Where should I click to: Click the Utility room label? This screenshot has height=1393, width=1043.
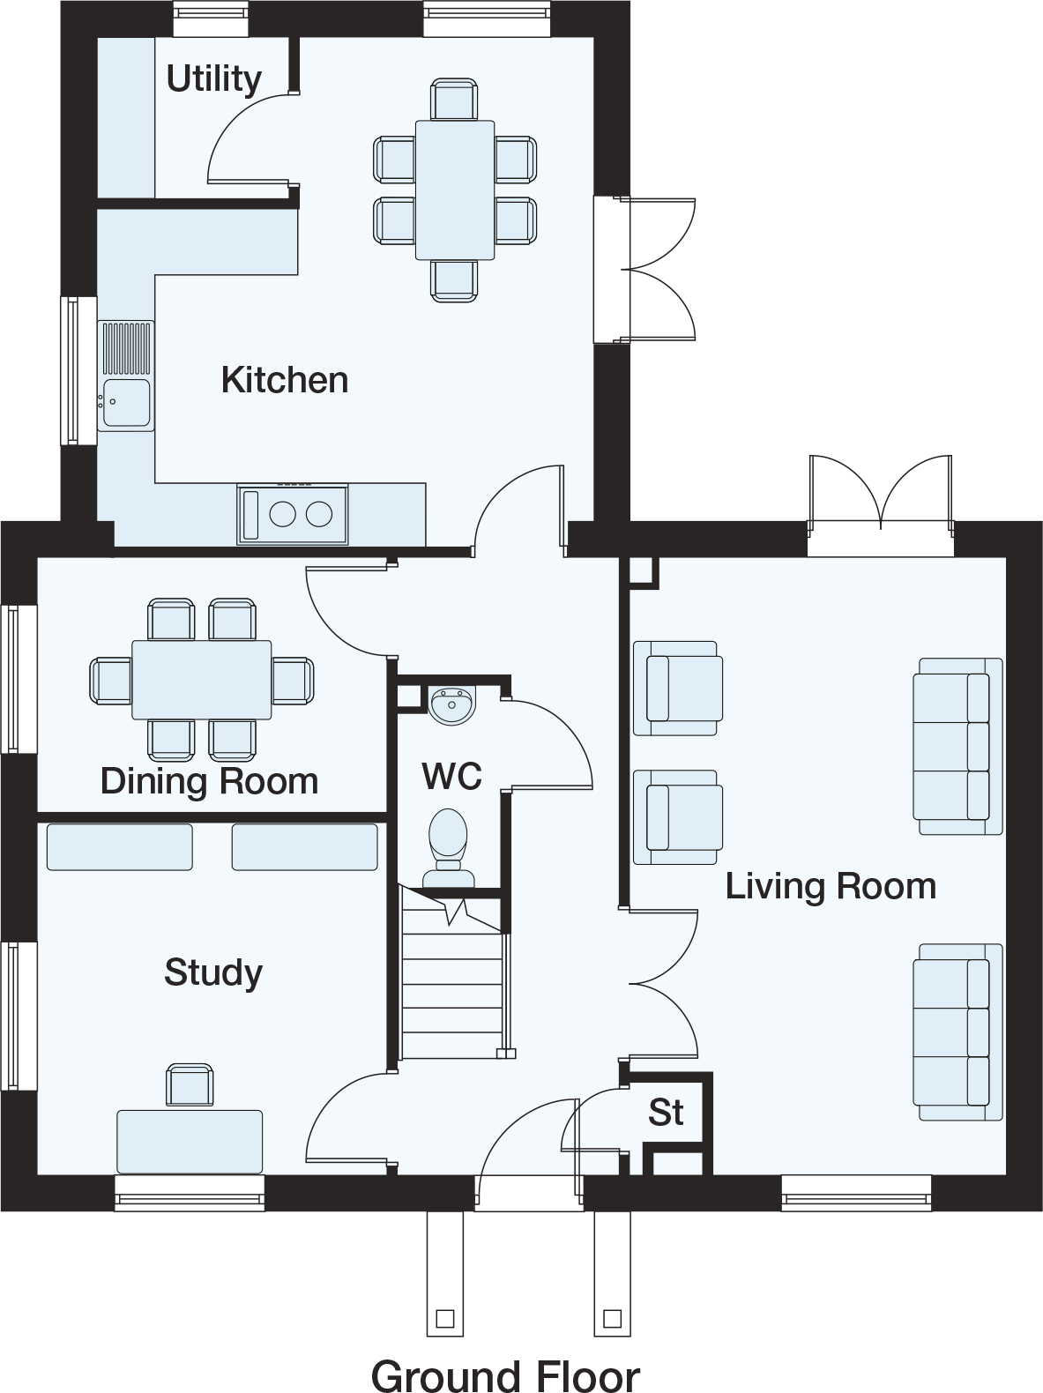click(214, 80)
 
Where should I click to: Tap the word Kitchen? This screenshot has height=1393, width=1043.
click(285, 381)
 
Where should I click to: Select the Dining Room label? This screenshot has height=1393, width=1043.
click(209, 780)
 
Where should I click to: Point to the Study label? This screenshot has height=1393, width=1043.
click(213, 972)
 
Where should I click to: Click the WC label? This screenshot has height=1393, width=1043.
click(451, 776)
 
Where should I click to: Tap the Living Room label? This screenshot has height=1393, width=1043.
click(831, 887)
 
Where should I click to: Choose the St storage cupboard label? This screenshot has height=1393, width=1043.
click(666, 1112)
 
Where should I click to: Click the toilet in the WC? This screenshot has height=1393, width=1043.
click(449, 847)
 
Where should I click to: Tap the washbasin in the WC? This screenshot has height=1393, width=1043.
click(451, 704)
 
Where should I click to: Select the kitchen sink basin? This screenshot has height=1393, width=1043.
click(127, 402)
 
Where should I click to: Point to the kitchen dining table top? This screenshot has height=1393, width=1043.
click(455, 190)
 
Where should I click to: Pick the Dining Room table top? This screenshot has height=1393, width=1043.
click(202, 680)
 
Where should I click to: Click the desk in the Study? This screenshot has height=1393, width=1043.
click(190, 1142)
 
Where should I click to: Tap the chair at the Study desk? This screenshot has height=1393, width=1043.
click(190, 1085)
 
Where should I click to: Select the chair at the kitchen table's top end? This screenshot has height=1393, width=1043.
click(454, 99)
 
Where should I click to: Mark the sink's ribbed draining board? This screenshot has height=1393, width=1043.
click(127, 348)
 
